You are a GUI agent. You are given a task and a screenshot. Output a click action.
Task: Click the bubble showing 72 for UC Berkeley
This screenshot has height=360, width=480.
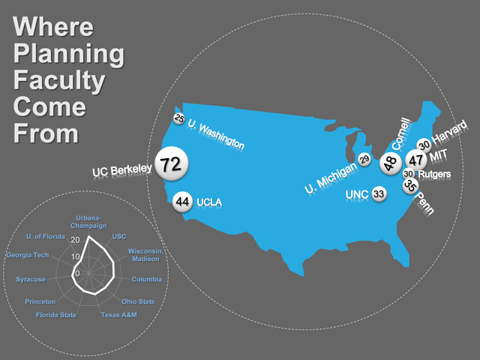click(x=172, y=163)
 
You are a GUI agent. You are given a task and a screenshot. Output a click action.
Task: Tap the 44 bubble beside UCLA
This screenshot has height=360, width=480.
click(x=182, y=202)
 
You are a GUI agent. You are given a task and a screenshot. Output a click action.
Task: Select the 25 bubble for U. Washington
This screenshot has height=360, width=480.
click(x=179, y=118)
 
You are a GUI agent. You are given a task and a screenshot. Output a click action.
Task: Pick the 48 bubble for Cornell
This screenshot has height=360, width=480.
click(x=391, y=163)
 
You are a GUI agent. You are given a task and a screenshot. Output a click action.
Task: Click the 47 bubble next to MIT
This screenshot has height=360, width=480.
click(x=416, y=160)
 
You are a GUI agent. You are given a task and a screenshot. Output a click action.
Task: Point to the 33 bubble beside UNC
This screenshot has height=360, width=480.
click(x=379, y=193)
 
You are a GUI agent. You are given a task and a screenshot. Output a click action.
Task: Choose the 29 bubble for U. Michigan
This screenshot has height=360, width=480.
click(x=364, y=159)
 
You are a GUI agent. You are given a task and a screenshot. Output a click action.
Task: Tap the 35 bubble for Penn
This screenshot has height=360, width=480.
click(x=410, y=186)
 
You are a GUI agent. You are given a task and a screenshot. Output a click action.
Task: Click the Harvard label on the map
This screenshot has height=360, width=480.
click(x=449, y=132)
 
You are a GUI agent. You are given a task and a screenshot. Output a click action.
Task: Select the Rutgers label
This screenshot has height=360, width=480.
click(x=434, y=174)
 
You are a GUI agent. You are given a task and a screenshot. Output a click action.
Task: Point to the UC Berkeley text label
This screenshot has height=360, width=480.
click(x=122, y=170)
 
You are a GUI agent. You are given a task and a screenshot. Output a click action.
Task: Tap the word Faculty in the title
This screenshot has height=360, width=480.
click(x=59, y=80)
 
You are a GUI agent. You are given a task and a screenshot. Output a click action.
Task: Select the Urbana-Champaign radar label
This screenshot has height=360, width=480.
click(x=88, y=222)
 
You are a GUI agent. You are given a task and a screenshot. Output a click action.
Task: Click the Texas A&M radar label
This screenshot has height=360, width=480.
click(x=119, y=315)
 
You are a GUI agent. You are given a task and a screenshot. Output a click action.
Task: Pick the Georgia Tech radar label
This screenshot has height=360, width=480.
click(x=28, y=255)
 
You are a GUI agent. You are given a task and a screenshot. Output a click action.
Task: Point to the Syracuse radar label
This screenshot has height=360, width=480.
click(x=31, y=280)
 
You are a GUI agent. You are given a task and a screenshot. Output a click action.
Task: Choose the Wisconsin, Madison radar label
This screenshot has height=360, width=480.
click(x=145, y=255)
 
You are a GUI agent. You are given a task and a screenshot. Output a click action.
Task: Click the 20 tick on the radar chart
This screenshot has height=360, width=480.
click(x=75, y=240)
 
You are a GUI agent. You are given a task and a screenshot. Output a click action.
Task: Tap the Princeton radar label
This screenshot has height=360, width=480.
click(x=40, y=301)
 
